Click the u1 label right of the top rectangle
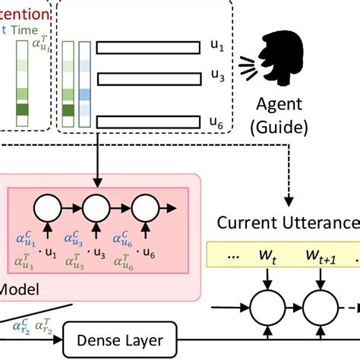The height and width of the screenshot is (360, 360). tap(218, 47)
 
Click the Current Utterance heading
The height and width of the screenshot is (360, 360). tap(287, 223)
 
